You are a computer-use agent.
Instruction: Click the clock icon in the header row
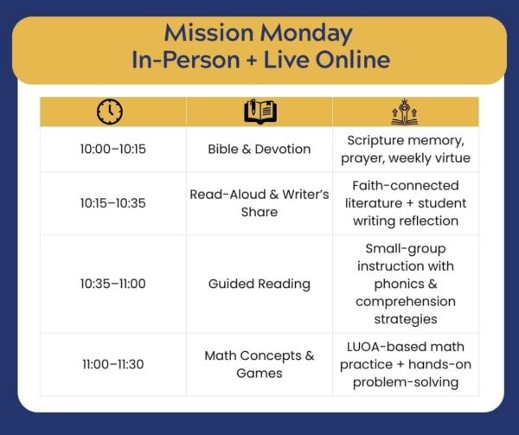(110, 112)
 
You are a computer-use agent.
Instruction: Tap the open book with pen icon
(260, 112)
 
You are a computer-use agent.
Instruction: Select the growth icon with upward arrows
(405, 112)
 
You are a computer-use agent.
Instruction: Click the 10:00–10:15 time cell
(112, 150)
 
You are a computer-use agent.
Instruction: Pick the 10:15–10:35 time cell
(112, 203)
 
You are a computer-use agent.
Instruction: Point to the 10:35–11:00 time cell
(112, 284)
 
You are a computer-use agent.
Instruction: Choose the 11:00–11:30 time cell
(112, 364)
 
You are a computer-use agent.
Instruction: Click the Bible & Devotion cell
(259, 150)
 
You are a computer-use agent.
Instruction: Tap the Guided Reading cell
(259, 285)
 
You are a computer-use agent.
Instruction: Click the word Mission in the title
(208, 33)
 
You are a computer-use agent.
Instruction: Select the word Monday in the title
(306, 34)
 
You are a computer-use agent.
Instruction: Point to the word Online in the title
(353, 60)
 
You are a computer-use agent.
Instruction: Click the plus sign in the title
(252, 61)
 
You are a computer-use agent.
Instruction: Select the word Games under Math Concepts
(259, 373)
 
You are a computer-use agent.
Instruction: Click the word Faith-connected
(406, 186)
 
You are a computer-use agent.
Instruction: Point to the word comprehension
(406, 302)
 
